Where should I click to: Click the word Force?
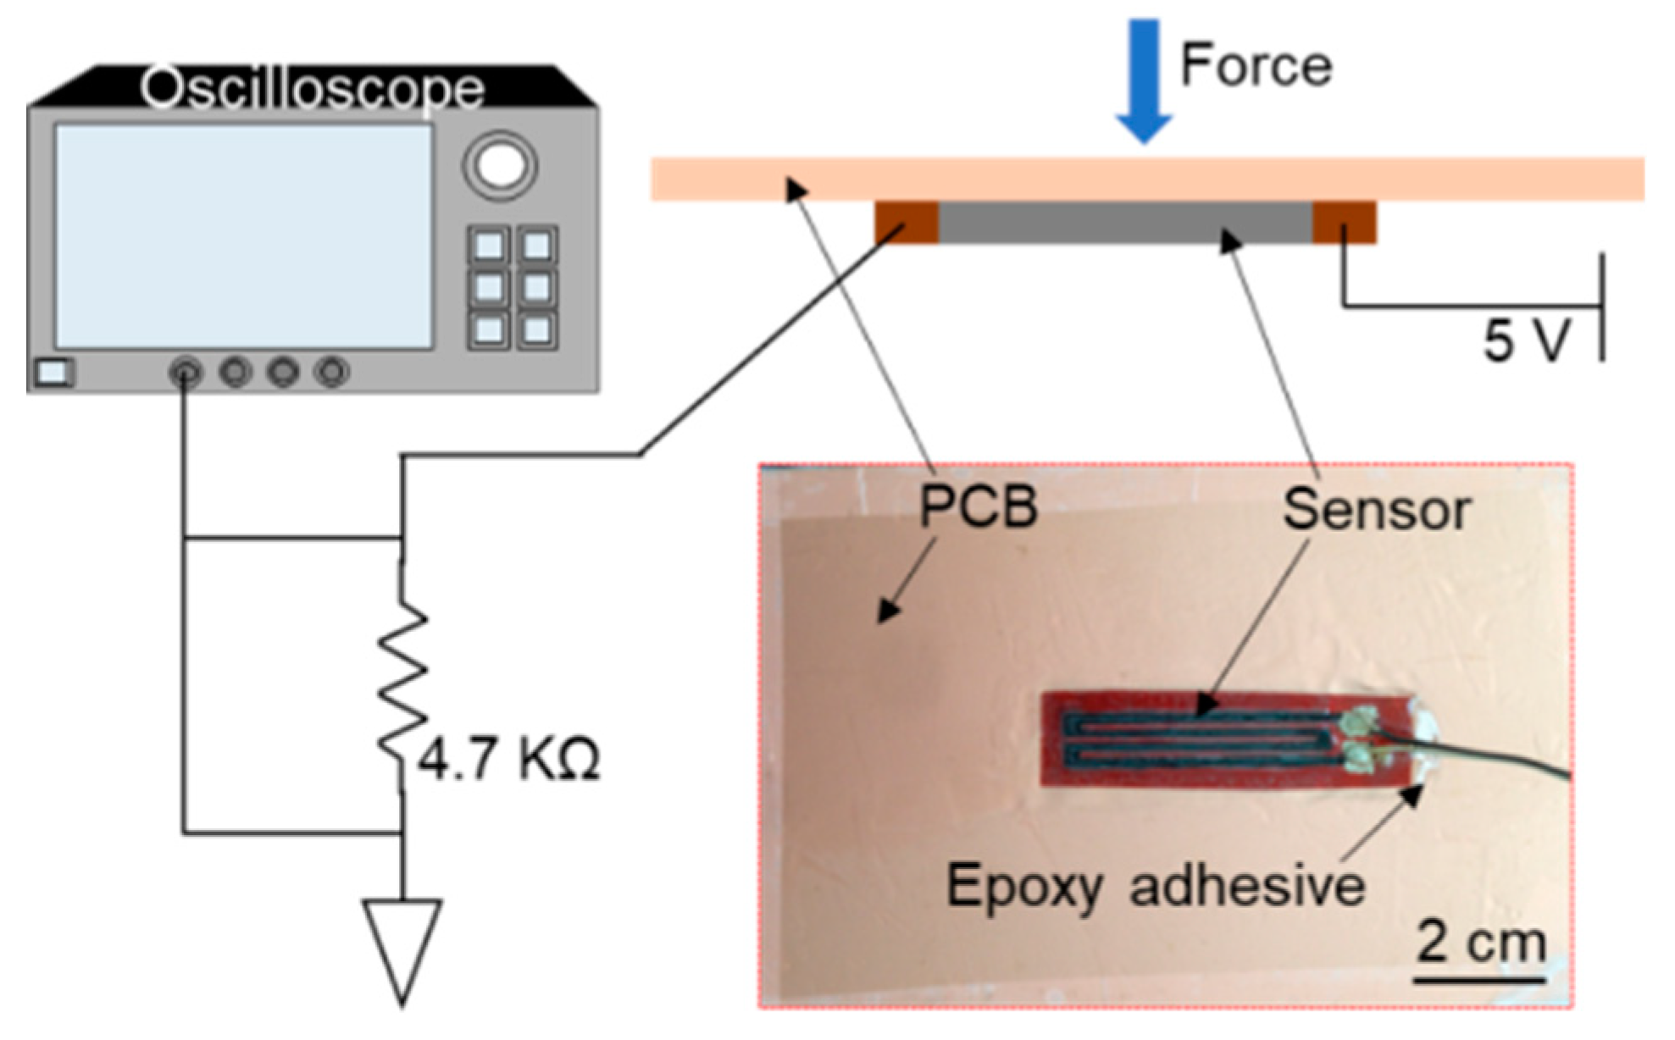[x=1256, y=66]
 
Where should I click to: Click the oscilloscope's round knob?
[x=500, y=165]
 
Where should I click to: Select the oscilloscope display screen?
[x=244, y=236]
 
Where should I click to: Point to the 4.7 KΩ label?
[x=508, y=759]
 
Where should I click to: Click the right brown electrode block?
[x=1344, y=223]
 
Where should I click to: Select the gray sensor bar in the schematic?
[x=1125, y=223]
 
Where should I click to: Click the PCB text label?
[x=979, y=507]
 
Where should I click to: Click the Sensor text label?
[x=1377, y=511]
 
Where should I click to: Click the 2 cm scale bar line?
[x=1479, y=980]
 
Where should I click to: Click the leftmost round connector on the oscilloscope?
[x=186, y=373]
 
